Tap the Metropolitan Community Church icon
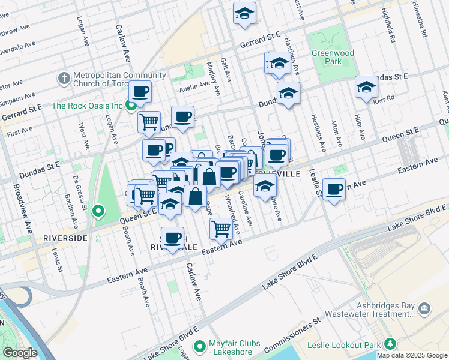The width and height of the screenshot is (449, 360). tap(64, 79)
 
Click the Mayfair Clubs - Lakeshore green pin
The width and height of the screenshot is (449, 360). tap(200, 347)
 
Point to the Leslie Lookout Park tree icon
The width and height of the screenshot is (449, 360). tap(391, 345)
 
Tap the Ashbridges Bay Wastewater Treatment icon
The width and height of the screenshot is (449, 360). tap(424, 309)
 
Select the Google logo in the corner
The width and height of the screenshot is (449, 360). tap(20, 353)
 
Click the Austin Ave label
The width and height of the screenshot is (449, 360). tap(193, 88)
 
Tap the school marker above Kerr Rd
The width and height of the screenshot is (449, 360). tap(366, 88)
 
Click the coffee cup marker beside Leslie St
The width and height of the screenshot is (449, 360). tap(334, 190)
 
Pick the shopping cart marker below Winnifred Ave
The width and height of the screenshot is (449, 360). tap(221, 227)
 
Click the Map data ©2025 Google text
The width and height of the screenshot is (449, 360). tap(412, 355)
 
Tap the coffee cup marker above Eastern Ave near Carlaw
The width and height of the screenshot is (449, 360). tap(173, 238)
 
